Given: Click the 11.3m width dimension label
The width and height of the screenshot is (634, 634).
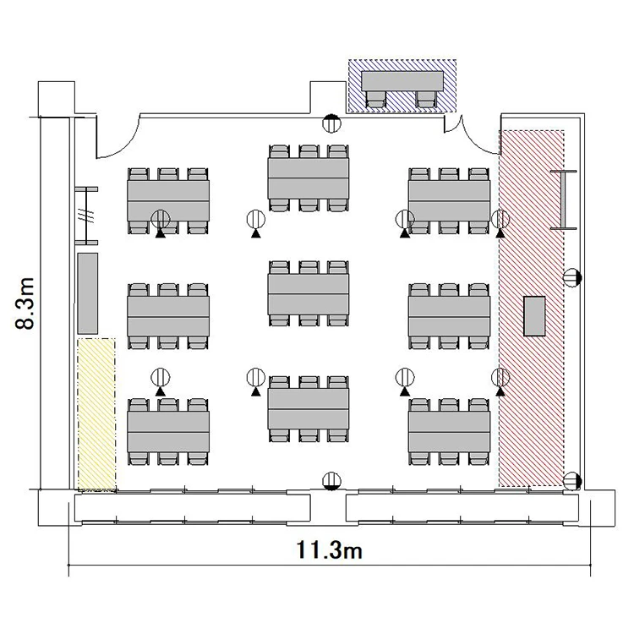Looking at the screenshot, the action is (329, 549).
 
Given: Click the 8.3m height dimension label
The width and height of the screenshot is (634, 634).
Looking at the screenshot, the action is (25, 303).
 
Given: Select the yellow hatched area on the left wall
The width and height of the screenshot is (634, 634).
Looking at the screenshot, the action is (96, 415).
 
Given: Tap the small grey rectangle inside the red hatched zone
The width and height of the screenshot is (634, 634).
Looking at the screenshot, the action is (534, 316).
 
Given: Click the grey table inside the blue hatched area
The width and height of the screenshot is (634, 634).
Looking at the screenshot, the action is (402, 81).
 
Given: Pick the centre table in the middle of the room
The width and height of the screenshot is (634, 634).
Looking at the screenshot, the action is (309, 294).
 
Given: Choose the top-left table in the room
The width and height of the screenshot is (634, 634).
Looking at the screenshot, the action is (168, 201).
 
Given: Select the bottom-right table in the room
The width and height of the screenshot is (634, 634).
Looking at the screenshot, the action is (449, 432).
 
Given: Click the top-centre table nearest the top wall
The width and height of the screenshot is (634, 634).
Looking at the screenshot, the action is (309, 178).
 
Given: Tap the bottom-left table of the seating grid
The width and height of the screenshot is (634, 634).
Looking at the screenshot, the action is (168, 432).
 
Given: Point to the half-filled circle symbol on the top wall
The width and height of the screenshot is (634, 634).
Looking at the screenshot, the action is (331, 123).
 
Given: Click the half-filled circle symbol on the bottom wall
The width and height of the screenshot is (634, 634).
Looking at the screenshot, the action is (331, 481).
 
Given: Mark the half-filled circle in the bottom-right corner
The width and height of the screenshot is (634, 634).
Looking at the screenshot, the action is (571, 481).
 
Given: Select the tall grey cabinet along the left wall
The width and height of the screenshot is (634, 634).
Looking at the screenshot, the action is (87, 293).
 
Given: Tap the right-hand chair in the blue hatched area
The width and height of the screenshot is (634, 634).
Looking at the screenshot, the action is (426, 99).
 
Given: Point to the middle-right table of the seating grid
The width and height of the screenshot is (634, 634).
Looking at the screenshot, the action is (449, 317).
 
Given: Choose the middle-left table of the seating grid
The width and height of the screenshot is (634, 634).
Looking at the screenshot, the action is (168, 317).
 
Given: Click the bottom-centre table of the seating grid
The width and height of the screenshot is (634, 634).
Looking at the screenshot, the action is (309, 409).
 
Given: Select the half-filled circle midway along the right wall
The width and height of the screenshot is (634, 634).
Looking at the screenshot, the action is (571, 277).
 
